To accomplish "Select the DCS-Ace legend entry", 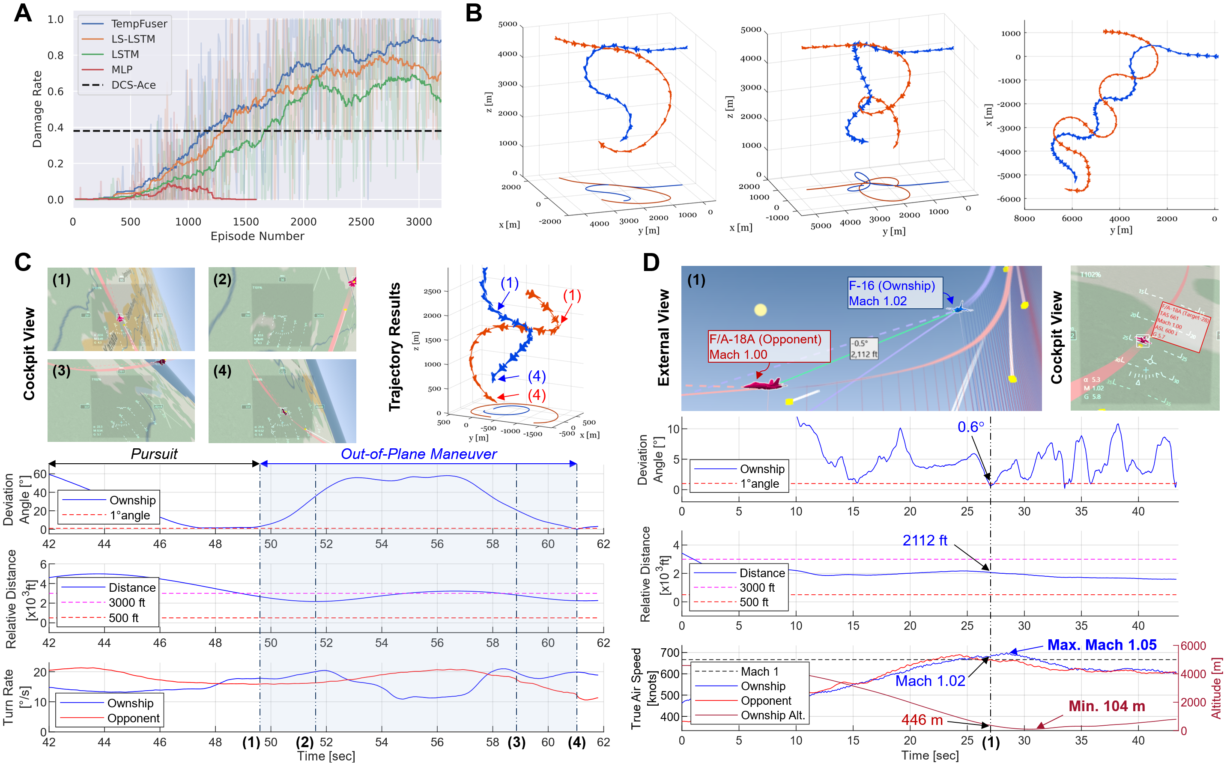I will click(x=133, y=85).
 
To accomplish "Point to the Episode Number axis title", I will click(x=257, y=236).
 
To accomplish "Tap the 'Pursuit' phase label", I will click(x=154, y=454).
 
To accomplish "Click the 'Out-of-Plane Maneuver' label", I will click(x=418, y=454).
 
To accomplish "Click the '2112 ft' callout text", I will click(x=925, y=540).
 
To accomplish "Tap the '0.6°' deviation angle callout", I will click(x=970, y=427).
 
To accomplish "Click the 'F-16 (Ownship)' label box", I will click(x=892, y=293).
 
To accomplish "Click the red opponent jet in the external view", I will click(x=764, y=384).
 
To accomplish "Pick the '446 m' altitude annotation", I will click(x=922, y=720).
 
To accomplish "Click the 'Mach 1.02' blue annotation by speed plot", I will click(x=930, y=681).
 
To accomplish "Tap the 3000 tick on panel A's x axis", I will click(x=419, y=222).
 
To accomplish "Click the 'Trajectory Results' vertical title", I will click(x=394, y=347).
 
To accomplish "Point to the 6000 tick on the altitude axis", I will click(x=1193, y=646).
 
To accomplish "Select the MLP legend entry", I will click(x=122, y=70).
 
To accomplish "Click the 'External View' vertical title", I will click(x=664, y=337).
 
